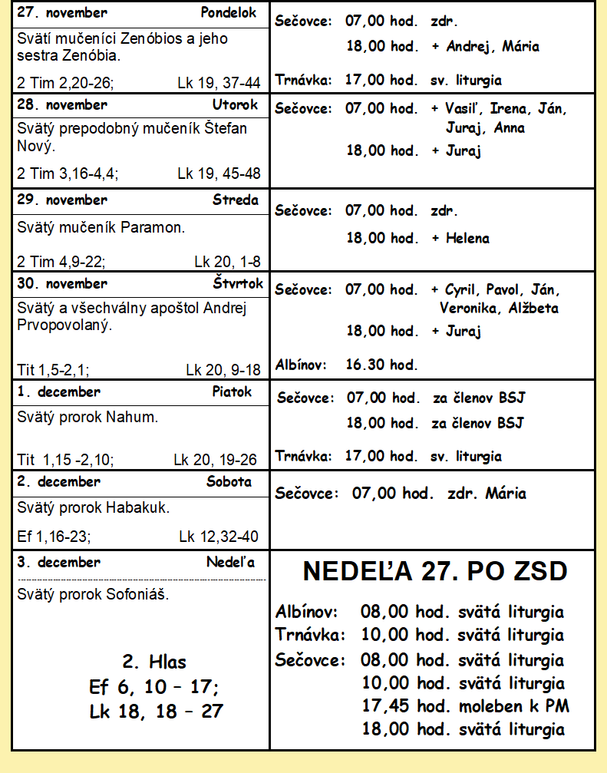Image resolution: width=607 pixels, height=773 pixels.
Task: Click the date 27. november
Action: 62,13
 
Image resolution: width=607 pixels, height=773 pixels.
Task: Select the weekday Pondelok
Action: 229,13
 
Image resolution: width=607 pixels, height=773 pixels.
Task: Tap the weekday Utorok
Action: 236,104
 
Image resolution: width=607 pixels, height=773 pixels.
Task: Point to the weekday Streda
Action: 236,200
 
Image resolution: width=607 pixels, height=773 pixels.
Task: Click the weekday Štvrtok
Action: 238,283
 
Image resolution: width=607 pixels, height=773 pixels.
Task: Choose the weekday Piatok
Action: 232,391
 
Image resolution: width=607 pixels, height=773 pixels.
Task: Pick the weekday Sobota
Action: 229,482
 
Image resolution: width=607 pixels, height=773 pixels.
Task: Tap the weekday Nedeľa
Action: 230,562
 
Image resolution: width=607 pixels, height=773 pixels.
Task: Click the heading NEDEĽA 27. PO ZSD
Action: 435,572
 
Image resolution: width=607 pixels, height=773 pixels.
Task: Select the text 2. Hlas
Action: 154,662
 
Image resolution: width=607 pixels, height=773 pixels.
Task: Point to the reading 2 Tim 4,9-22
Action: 61,261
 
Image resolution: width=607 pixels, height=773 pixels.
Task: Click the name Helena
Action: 467,238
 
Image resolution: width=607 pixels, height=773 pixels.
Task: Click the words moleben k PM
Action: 514,706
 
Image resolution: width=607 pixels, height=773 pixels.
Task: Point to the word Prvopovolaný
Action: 65,325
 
